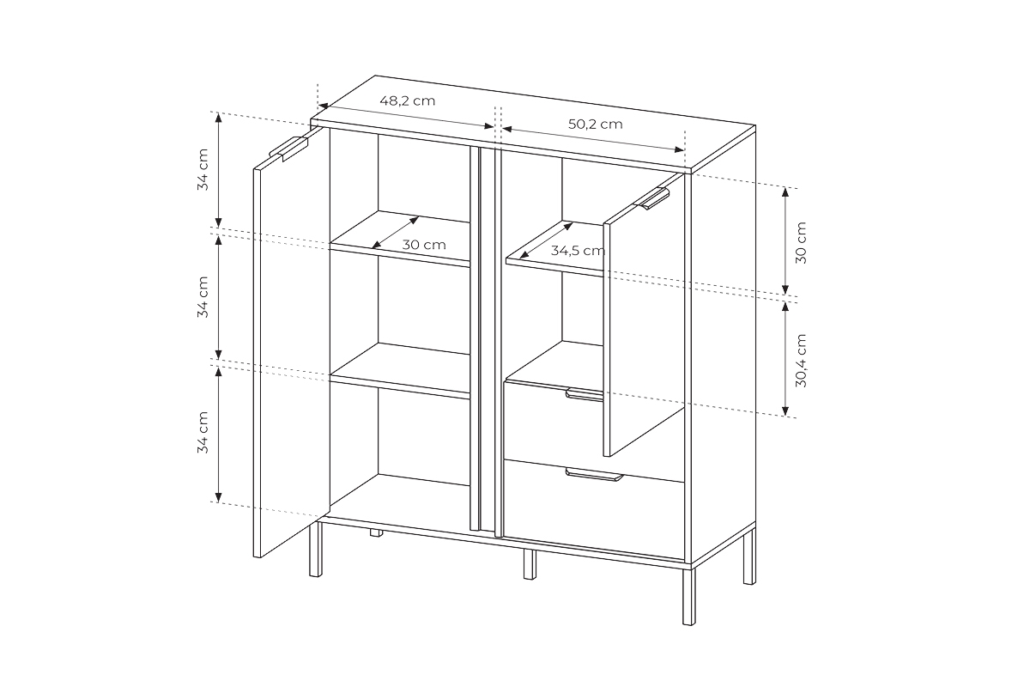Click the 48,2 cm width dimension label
408,100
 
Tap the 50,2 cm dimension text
595,124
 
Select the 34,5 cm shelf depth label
578,251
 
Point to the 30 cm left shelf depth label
424,245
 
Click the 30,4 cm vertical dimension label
801,361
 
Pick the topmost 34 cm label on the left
203,170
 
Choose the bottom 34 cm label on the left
203,432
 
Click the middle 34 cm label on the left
203,297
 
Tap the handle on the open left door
288,148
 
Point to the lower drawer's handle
593,475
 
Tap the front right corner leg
689,601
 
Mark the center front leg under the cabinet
529,563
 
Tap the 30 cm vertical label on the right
801,242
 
